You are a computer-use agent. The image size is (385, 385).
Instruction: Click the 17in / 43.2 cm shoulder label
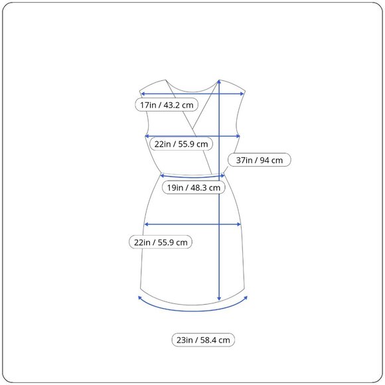(167, 105)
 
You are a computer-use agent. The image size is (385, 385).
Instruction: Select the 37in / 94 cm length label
(260, 160)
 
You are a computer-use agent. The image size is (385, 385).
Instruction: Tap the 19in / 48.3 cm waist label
(193, 188)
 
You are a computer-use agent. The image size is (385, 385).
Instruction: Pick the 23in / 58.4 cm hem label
(203, 340)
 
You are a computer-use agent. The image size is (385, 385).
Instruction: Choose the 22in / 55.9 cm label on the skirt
(161, 242)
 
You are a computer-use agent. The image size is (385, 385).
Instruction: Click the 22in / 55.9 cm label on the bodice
(181, 144)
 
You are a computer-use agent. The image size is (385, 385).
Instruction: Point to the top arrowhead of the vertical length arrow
(219, 82)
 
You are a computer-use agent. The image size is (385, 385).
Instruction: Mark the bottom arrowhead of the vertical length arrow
(219, 299)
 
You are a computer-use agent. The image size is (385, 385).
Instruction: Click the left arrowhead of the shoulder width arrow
(143, 94)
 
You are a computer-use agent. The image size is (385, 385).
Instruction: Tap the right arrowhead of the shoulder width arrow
(242, 94)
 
